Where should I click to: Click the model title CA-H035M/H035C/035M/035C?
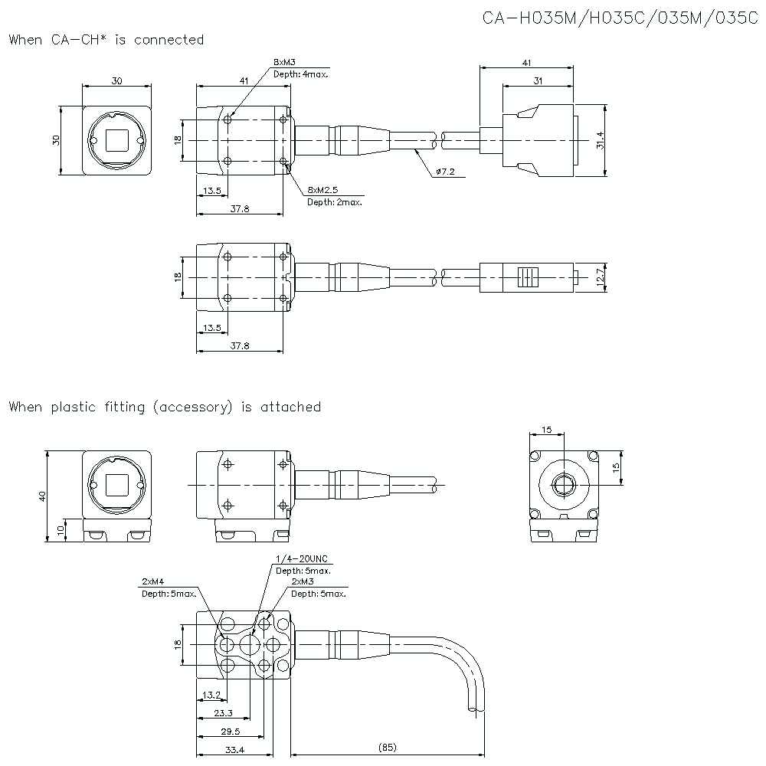(620, 18)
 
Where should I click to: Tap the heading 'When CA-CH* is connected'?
(106, 40)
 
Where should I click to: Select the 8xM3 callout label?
(284, 61)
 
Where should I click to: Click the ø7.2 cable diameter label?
(445, 172)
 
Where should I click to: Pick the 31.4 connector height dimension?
(600, 140)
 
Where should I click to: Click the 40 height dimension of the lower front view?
(43, 496)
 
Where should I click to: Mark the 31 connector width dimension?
(538, 80)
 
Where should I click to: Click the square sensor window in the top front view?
(117, 140)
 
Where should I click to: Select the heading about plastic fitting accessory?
(165, 407)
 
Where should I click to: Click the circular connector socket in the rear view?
(564, 485)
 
